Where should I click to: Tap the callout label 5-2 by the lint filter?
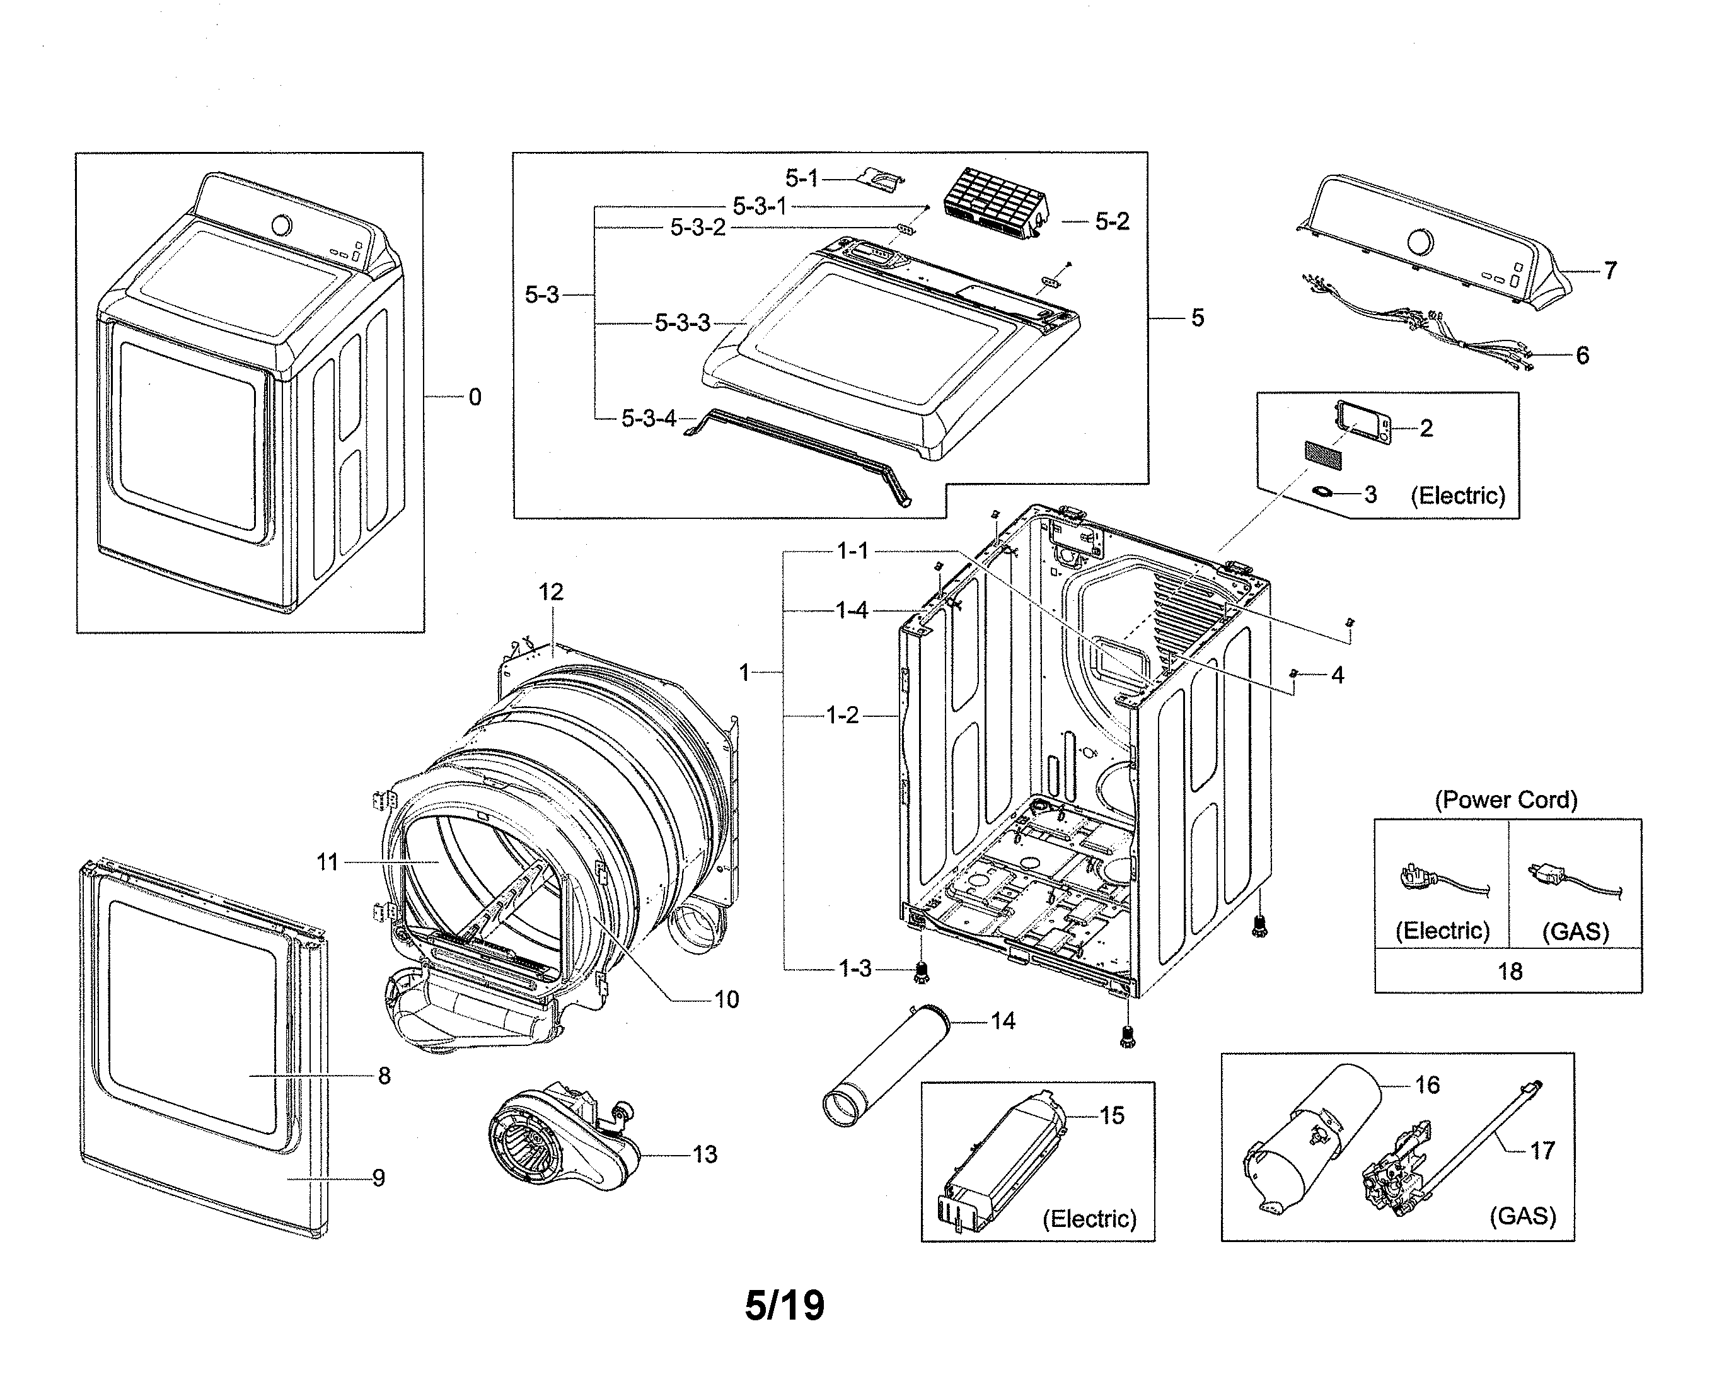point(1112,221)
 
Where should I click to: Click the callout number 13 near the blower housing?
point(704,1154)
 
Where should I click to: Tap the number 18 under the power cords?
point(1510,971)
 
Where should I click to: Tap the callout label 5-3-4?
point(649,418)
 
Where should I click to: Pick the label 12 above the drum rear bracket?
point(550,591)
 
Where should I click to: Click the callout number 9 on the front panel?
point(378,1178)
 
